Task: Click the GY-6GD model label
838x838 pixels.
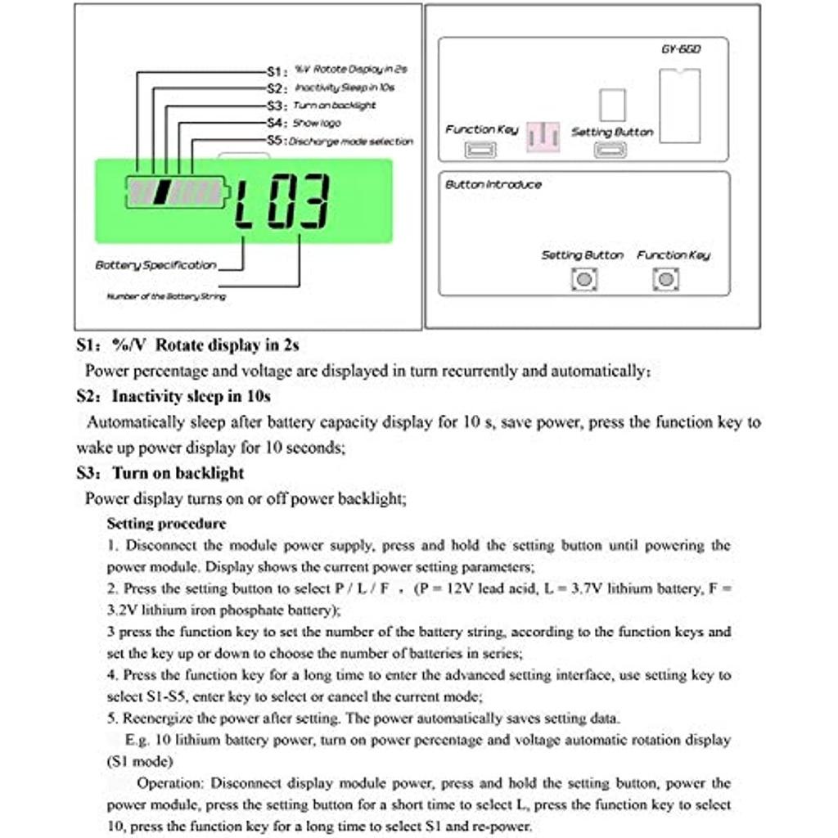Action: (681, 49)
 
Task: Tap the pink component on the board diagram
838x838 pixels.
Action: (543, 137)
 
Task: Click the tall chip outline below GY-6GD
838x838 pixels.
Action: (680, 106)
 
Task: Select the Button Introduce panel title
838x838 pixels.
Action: (493, 185)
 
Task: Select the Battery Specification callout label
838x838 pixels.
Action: (155, 265)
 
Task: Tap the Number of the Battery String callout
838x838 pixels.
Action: (166, 296)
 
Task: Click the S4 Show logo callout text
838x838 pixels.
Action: (303, 123)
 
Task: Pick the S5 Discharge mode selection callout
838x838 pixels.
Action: (340, 141)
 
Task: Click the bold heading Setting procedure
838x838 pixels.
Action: (166, 524)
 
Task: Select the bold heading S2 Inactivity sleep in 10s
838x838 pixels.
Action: (173, 397)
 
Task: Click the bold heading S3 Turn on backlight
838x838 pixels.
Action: (160, 473)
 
